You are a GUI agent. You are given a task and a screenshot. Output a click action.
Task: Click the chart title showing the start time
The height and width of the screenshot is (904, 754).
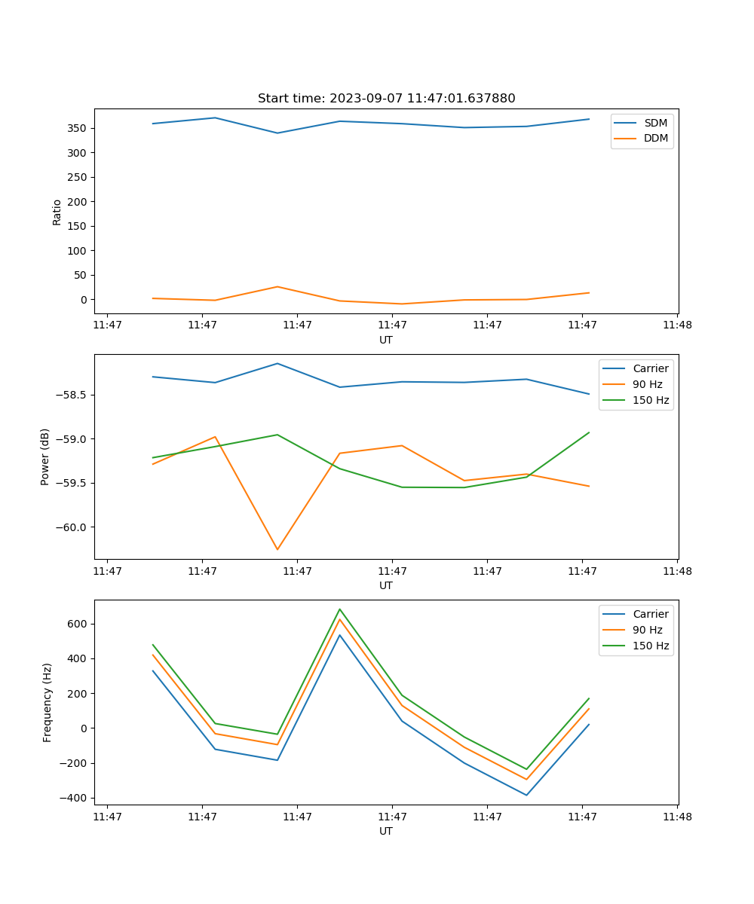pos(386,99)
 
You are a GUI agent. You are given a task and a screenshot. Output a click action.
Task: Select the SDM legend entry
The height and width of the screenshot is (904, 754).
pos(655,123)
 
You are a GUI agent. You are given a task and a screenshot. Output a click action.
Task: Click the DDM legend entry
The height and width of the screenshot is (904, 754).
pos(655,138)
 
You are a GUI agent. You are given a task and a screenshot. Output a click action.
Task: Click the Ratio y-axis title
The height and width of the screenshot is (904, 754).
pos(57,212)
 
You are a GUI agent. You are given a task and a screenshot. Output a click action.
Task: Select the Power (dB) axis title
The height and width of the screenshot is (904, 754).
pos(45,457)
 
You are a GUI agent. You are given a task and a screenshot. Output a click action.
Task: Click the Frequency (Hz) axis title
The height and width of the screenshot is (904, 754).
pos(48,702)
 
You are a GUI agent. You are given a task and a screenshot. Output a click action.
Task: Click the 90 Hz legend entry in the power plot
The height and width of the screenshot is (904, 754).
pos(648,384)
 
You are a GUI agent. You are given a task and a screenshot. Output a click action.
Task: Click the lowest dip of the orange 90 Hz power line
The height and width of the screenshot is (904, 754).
pos(277,549)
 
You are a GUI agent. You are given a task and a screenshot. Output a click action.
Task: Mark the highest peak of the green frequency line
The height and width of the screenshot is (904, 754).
pos(340,609)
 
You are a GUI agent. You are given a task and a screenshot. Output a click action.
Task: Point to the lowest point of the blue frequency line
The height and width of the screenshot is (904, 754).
pos(526,795)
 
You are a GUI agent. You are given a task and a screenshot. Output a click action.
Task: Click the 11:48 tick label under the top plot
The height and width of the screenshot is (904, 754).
pos(677,325)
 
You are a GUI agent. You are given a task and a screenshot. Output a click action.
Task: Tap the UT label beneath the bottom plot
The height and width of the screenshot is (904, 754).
pos(386,831)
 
